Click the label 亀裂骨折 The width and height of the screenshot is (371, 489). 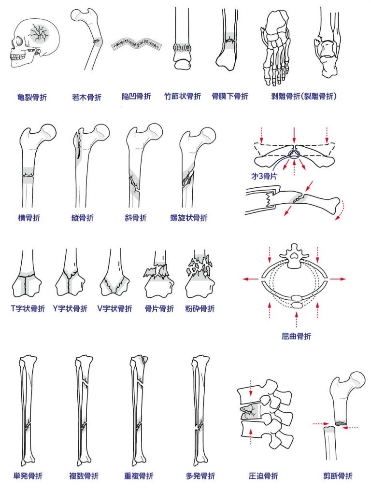click(32, 98)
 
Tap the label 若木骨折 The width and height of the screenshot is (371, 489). click(86, 98)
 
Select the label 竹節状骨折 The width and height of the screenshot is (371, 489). click(183, 97)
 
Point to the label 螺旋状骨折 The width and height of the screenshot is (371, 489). click(189, 218)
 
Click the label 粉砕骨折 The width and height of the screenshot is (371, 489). click(200, 309)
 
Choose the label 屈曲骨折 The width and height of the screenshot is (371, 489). click(297, 336)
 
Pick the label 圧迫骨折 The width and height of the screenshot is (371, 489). click(263, 476)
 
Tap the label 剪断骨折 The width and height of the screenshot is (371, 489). click(338, 476)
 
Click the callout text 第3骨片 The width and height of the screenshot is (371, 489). click(264, 176)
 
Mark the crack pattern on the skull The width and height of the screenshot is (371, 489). click(39, 33)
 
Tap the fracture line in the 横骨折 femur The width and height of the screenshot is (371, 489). click(28, 175)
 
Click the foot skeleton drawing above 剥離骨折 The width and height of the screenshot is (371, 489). click(276, 49)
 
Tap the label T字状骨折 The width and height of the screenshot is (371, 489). click(28, 309)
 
